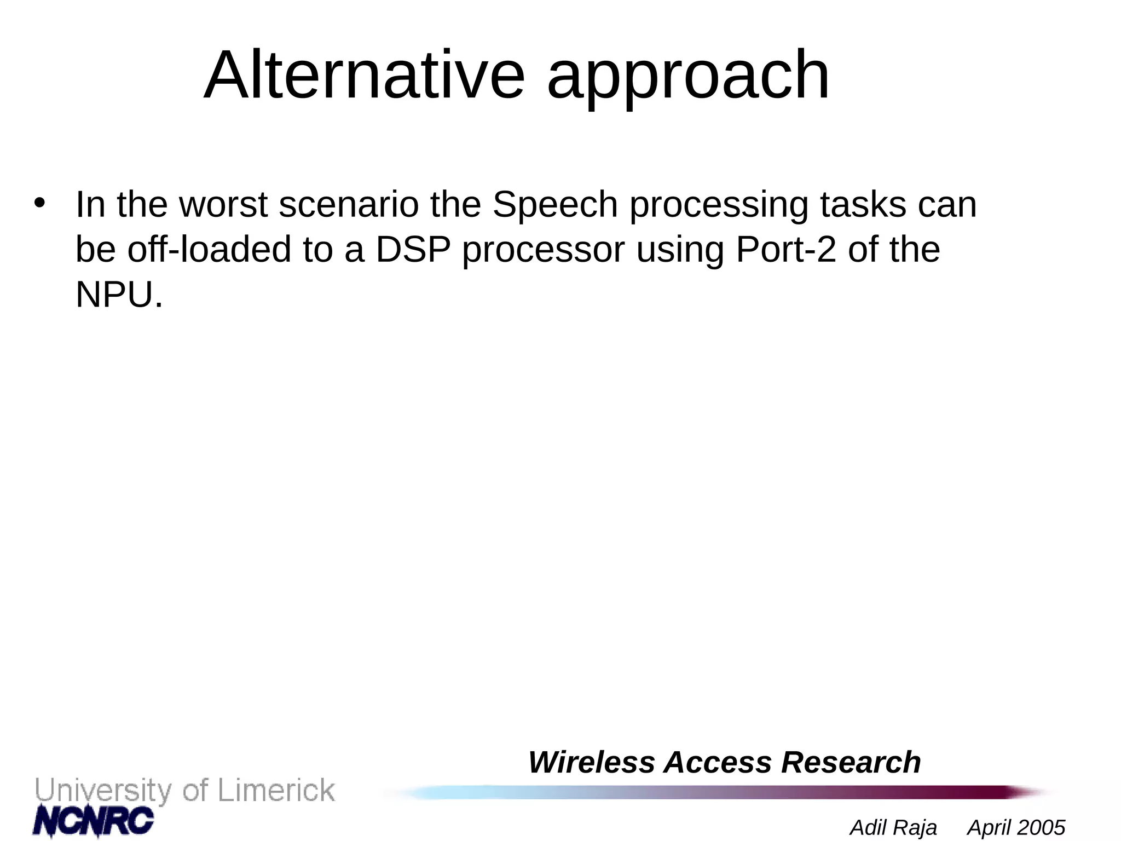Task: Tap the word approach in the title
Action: pyautogui.click(x=688, y=77)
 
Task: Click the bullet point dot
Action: pyautogui.click(x=39, y=203)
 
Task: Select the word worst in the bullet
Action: pyautogui.click(x=223, y=204)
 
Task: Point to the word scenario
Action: pyautogui.click(x=349, y=204)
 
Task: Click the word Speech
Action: pyautogui.click(x=555, y=205)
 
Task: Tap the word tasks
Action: pyautogui.click(x=863, y=204)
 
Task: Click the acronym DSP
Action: pyautogui.click(x=413, y=250)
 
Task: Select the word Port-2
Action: pyautogui.click(x=786, y=250)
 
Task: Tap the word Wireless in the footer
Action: pyautogui.click(x=591, y=762)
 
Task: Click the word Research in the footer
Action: pyautogui.click(x=851, y=762)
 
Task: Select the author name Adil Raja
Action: pyautogui.click(x=893, y=827)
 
